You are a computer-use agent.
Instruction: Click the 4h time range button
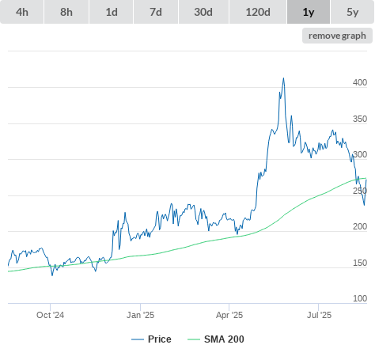pyautogui.click(x=22, y=12)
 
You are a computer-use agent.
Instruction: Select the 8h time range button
pyautogui.click(x=66, y=12)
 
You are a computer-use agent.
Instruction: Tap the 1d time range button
pyautogui.click(x=112, y=12)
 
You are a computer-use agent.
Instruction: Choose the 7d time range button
pyautogui.click(x=156, y=12)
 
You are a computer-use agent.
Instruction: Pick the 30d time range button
pyautogui.click(x=203, y=12)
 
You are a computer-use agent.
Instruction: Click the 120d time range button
pyautogui.click(x=258, y=12)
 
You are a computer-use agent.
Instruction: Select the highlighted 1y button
pyautogui.click(x=309, y=12)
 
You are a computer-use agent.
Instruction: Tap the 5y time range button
pyautogui.click(x=353, y=12)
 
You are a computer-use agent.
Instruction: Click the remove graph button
pyautogui.click(x=337, y=36)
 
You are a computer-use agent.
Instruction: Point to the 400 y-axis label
pyautogui.click(x=360, y=82)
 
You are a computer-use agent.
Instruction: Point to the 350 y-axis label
pyautogui.click(x=360, y=119)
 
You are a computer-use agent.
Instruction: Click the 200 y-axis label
pyautogui.click(x=360, y=226)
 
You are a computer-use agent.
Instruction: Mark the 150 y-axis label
pyautogui.click(x=360, y=263)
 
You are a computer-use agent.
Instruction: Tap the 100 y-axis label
pyautogui.click(x=360, y=298)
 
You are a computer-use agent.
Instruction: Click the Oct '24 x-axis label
pyautogui.click(x=50, y=315)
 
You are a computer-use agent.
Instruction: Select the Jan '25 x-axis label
pyautogui.click(x=140, y=315)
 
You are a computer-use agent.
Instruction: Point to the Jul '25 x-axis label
pyautogui.click(x=319, y=315)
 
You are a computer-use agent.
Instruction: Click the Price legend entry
pyautogui.click(x=151, y=339)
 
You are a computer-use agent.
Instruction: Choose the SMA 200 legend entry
pyautogui.click(x=216, y=339)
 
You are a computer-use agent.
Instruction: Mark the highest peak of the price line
pyautogui.click(x=284, y=78)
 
